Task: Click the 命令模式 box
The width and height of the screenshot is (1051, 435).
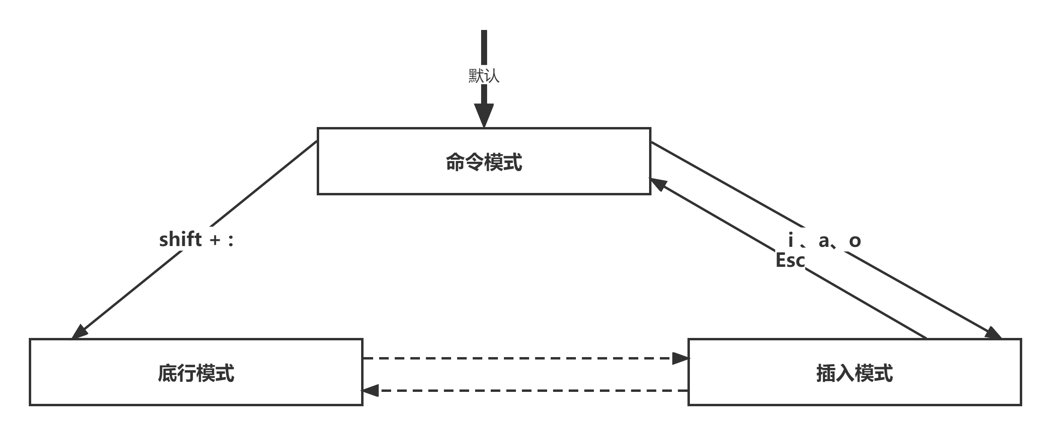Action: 484,161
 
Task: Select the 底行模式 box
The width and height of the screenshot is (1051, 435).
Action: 196,373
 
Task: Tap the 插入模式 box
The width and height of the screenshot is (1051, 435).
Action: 854,373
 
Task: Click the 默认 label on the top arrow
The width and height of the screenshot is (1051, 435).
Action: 484,76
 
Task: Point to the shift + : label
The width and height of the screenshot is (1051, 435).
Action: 196,239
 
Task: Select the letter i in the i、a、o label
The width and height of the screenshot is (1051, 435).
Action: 791,240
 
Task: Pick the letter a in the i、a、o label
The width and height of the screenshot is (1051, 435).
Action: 824,241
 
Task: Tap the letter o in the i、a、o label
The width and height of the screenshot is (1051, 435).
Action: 855,241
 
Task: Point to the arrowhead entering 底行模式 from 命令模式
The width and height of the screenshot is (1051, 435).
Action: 80,332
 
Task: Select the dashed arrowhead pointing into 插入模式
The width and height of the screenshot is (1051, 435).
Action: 680,358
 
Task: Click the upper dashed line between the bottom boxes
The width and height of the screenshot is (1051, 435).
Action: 518,358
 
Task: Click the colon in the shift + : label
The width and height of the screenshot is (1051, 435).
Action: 231,240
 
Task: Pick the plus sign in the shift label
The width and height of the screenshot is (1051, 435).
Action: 215,240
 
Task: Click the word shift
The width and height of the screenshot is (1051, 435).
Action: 180,239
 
